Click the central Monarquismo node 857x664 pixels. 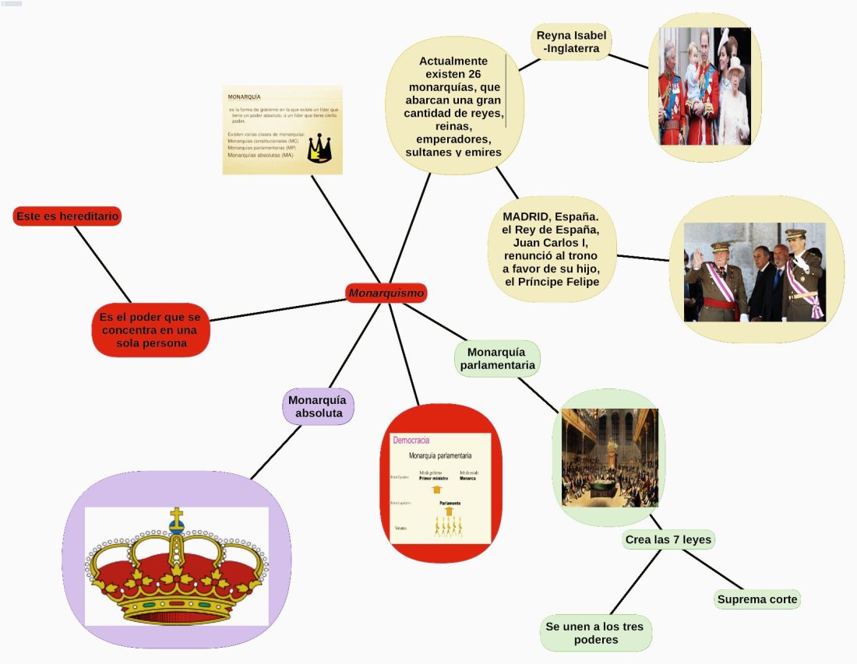pos(386,293)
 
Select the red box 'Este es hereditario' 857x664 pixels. pos(67,216)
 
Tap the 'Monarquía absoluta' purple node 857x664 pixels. pos(318,406)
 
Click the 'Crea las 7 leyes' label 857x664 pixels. pos(668,539)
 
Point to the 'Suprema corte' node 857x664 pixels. pos(757,599)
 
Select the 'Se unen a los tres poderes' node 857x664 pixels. pos(596,634)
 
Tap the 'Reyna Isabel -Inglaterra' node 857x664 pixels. pos(571,41)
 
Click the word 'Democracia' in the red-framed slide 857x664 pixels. pos(411,441)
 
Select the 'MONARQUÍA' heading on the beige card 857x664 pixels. pos(244,98)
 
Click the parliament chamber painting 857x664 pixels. pos(609,457)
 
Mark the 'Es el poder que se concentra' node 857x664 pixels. pos(150,329)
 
